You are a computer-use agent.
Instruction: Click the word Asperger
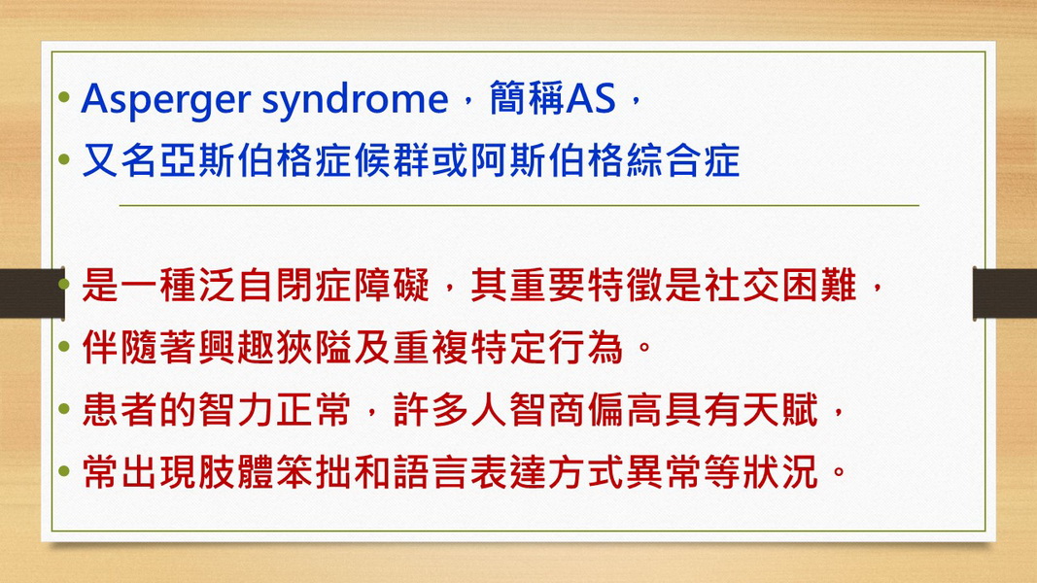pos(166,100)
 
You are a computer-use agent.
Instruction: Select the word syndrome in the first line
pos(355,100)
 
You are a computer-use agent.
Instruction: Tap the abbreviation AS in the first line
pos(591,98)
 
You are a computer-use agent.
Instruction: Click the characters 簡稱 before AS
pos(527,98)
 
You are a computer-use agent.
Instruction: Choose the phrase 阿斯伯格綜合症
pos(605,160)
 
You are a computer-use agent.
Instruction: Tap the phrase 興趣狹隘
pos(275,348)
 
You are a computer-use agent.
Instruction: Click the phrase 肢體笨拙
pos(275,472)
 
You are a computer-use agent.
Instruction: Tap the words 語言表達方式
pos(508,472)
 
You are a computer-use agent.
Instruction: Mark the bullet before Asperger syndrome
pos(64,98)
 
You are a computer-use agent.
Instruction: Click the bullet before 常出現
pos(64,471)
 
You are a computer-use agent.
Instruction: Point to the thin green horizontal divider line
pos(519,206)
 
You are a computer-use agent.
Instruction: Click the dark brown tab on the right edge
pos(1004,293)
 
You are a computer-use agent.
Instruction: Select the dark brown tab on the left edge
pos(32,293)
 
